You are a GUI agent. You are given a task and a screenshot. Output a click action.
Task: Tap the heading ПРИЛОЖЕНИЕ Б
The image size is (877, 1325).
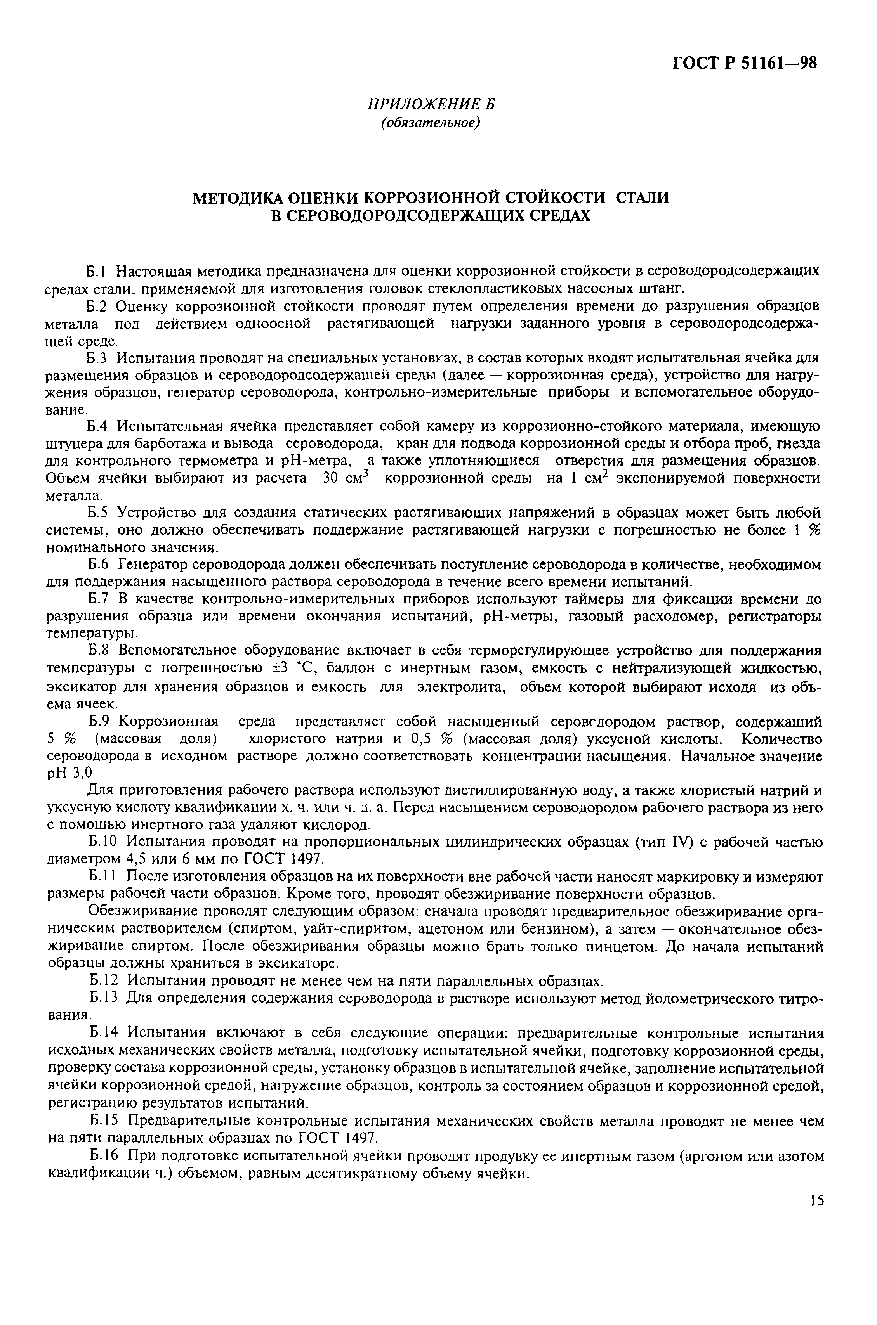pyautogui.click(x=431, y=104)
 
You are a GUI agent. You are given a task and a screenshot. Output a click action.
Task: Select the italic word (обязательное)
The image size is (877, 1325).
pyautogui.click(x=431, y=122)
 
